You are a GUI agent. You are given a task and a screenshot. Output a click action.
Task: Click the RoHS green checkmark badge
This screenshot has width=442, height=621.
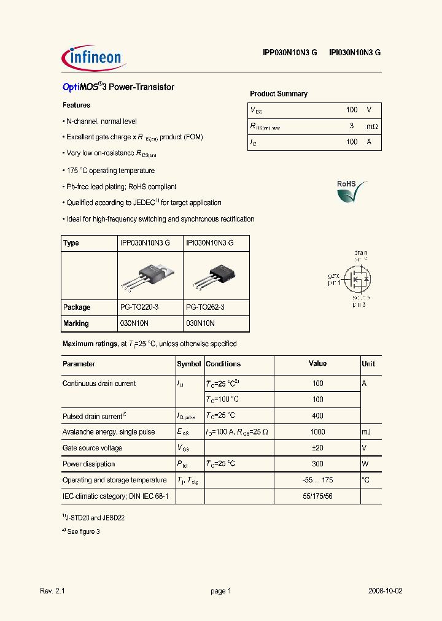(x=351, y=192)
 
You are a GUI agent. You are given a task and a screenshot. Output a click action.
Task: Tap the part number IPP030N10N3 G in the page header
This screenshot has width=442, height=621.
(x=290, y=53)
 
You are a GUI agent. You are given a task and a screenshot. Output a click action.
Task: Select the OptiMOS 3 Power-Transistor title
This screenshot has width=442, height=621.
(x=118, y=87)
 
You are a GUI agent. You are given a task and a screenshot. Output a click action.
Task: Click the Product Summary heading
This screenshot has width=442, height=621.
(x=279, y=94)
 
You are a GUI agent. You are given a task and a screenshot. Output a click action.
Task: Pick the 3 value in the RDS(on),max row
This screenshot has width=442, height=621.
(x=351, y=126)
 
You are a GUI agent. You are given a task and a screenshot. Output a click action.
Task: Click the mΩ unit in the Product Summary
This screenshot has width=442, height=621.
(x=372, y=126)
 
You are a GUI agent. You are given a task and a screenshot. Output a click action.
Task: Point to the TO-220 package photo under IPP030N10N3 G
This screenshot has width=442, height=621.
(x=150, y=274)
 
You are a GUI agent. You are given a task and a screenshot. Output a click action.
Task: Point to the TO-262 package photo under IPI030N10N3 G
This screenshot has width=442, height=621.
(x=217, y=275)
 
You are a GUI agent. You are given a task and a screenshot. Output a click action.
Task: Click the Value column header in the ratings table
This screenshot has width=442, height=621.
(x=317, y=364)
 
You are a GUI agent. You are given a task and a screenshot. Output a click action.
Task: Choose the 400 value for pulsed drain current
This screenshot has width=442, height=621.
(x=317, y=416)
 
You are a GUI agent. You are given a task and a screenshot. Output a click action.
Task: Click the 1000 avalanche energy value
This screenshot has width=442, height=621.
(x=317, y=432)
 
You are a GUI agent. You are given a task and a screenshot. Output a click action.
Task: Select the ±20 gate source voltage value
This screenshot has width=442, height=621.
(x=317, y=448)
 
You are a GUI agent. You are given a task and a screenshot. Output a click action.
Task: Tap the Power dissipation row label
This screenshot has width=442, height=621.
(x=88, y=465)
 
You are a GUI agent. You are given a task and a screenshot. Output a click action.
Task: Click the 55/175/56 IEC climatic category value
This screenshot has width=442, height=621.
(x=317, y=496)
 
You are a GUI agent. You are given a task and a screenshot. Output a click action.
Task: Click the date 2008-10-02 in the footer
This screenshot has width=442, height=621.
(x=386, y=591)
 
